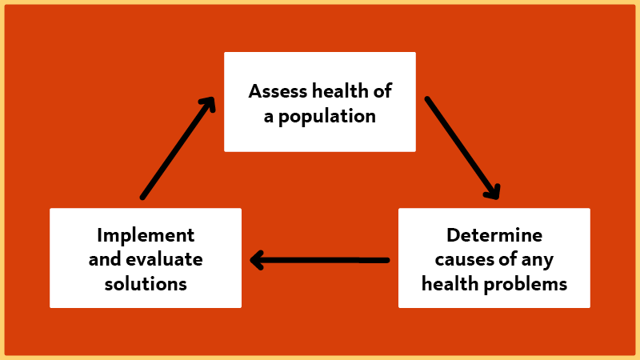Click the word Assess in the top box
pos(276,90)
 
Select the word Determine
pos(494,235)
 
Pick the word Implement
pos(146,235)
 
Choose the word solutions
pos(146,283)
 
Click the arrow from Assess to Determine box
pos(462,147)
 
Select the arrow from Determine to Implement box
pos(320,260)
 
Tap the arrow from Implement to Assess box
pos(178,147)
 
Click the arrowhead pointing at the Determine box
pos(494,192)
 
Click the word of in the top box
pos(382,90)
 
